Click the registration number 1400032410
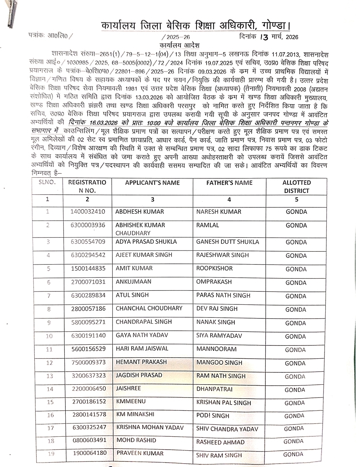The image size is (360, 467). click(88, 212)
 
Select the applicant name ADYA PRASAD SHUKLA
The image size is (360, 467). click(146, 242)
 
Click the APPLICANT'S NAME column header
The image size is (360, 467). click(152, 183)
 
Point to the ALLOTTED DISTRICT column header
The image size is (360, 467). click(296, 187)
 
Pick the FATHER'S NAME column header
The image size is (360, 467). click(229, 183)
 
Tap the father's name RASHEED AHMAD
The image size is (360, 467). click(220, 442)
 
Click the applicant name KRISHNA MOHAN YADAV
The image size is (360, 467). click(150, 427)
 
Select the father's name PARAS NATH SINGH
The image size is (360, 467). click(223, 295)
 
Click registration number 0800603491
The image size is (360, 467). click(89, 440)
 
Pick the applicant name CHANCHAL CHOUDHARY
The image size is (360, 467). click(149, 308)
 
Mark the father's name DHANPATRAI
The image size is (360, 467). click(214, 389)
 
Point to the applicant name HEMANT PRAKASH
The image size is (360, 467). click(141, 362)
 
